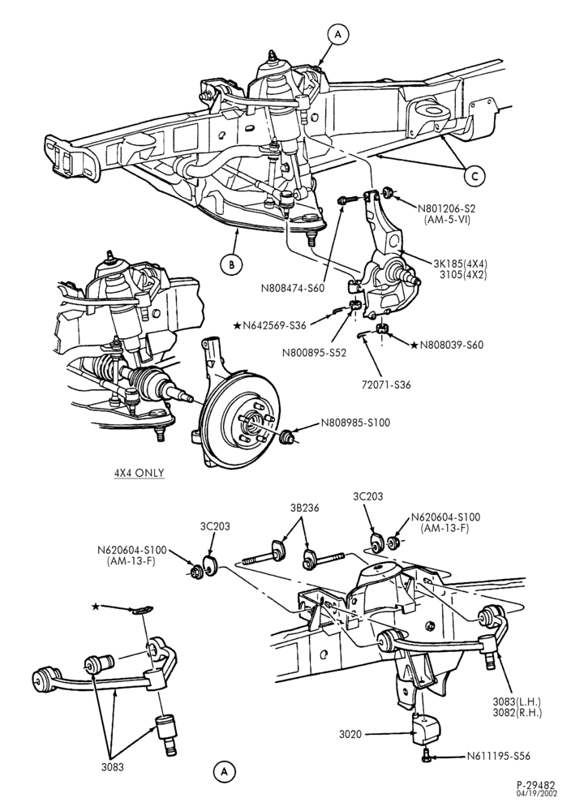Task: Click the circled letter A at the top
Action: pos(338,34)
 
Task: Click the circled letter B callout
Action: pos(231,265)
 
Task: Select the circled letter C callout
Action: pos(474,176)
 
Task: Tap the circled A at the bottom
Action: pos(224,772)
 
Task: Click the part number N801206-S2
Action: pos(446,208)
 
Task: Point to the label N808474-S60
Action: pos(293,288)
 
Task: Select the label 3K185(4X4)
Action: pos(461,262)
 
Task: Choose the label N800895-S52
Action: pos(314,353)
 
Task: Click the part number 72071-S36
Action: pos(387,384)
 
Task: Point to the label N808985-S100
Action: pos(355,423)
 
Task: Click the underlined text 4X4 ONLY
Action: pos(140,473)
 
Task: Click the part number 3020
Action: pos(350,733)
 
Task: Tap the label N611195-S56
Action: pos(499,756)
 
